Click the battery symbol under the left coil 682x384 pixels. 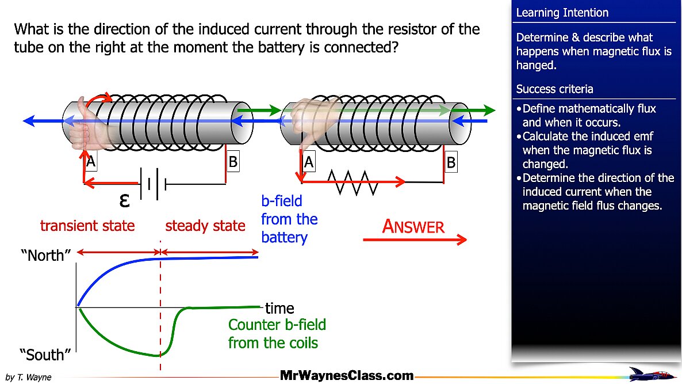(152, 184)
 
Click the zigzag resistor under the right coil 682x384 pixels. (353, 182)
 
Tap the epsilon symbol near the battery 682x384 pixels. (124, 201)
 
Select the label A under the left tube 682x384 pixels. (90, 162)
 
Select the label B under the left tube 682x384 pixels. (232, 162)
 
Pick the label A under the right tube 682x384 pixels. (309, 163)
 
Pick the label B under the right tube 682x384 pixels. (451, 163)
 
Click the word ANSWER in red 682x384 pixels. (413, 227)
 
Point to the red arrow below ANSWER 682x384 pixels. (415, 240)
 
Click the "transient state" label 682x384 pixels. (87, 226)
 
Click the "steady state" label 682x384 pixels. (205, 226)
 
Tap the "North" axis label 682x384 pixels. (45, 256)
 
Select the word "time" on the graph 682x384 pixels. (279, 309)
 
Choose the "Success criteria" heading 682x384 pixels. (554, 89)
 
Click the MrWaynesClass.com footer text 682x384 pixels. (347, 376)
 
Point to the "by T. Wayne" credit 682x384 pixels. (28, 377)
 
